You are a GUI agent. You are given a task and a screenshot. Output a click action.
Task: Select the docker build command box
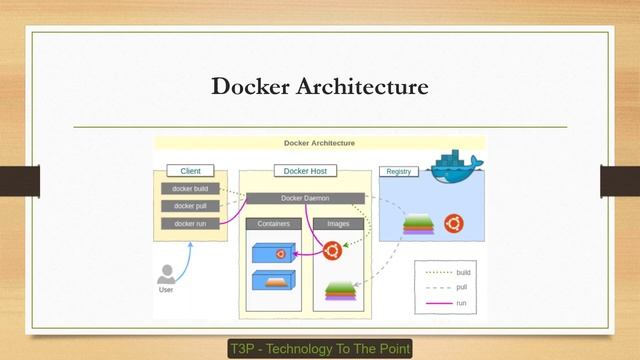pyautogui.click(x=190, y=189)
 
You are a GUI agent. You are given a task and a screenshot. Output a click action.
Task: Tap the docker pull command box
pyautogui.click(x=190, y=206)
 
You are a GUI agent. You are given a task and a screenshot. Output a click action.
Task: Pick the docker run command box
pyautogui.click(x=190, y=223)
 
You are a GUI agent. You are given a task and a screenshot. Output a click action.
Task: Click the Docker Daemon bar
pyautogui.click(x=305, y=198)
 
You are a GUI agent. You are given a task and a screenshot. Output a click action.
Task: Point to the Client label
pyautogui.click(x=190, y=171)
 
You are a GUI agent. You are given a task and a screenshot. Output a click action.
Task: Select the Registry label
pyautogui.click(x=398, y=171)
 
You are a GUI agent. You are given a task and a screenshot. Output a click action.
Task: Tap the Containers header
pyautogui.click(x=274, y=224)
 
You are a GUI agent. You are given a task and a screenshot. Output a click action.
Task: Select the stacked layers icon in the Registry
pyautogui.click(x=418, y=226)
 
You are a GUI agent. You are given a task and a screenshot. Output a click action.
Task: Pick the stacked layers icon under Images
pyautogui.click(x=341, y=292)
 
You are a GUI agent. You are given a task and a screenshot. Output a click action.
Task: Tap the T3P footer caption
pyautogui.click(x=320, y=349)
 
